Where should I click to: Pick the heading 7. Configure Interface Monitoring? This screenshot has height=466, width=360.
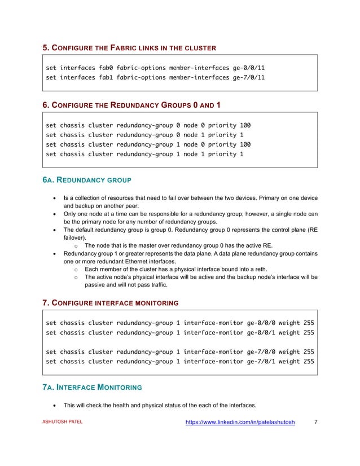(111, 303)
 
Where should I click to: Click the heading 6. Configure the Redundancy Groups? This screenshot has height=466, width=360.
(132, 104)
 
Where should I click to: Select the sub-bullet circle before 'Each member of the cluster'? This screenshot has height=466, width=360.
(75, 270)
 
